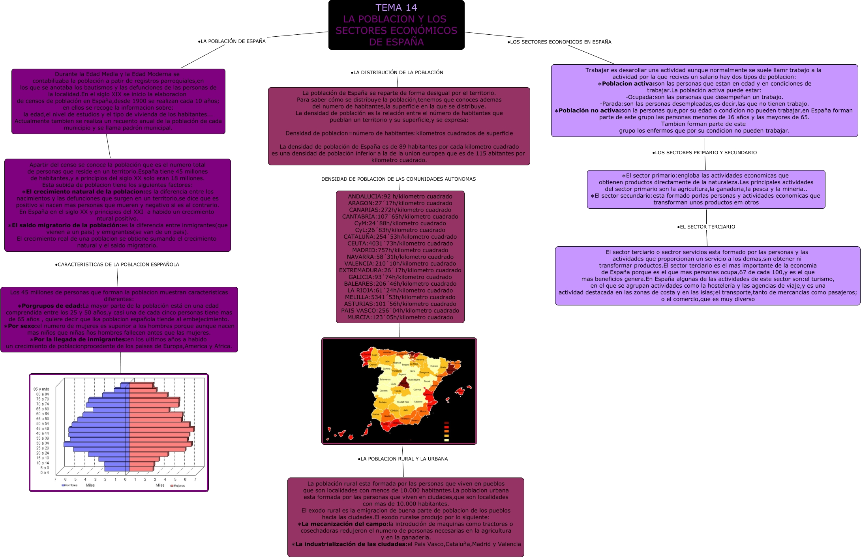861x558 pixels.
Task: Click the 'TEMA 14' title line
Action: point(396,7)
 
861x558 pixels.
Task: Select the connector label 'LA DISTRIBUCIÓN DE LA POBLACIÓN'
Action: point(397,73)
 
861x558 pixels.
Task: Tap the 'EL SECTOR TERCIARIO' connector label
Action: point(706,227)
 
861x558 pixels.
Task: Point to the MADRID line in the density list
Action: point(400,250)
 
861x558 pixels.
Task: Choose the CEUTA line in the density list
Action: point(400,243)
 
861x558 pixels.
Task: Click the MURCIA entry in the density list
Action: point(400,317)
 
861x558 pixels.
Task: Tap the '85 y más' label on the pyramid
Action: point(41,389)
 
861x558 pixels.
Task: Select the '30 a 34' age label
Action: point(43,443)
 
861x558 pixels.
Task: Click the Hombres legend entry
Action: point(70,485)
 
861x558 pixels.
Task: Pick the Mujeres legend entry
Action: point(178,486)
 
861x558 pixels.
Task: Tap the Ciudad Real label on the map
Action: point(403,402)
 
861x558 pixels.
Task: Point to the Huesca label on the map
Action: point(434,366)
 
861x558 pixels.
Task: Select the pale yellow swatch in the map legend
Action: point(446,440)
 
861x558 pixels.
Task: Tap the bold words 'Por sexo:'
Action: point(22,326)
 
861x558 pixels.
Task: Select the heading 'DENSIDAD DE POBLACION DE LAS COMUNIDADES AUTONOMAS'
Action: point(398,179)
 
